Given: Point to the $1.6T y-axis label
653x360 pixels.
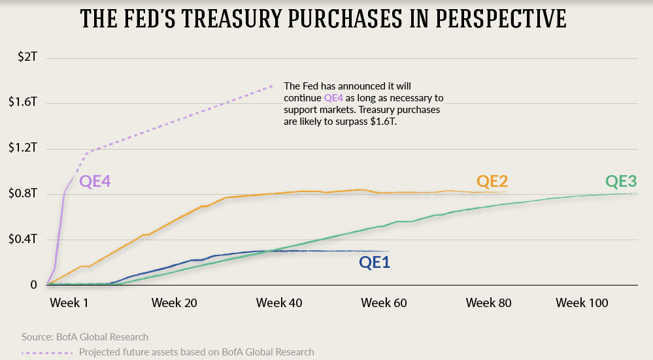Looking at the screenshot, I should (x=25, y=103).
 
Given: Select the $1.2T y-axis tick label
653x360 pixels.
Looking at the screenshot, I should (x=25, y=148).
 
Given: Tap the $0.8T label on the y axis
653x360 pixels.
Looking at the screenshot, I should (x=25, y=194).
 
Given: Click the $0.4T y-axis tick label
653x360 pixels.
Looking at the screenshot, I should (x=25, y=240).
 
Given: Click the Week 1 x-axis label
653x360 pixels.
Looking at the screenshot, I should (x=69, y=303).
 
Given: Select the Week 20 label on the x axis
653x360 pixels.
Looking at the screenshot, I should (x=174, y=303).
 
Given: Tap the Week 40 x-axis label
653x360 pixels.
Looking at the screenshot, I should (x=279, y=303).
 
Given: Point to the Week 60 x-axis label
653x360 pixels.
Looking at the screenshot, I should (x=384, y=303).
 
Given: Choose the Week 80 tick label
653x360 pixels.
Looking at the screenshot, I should (x=488, y=303).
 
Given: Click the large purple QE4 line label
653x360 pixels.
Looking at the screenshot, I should (x=95, y=182).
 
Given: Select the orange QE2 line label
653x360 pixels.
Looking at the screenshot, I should (x=492, y=181).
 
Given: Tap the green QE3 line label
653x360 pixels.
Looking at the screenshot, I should (x=622, y=181).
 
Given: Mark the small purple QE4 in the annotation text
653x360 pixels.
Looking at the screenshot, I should (x=333, y=97).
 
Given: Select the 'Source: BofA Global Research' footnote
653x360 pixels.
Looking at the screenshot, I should (x=85, y=337).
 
